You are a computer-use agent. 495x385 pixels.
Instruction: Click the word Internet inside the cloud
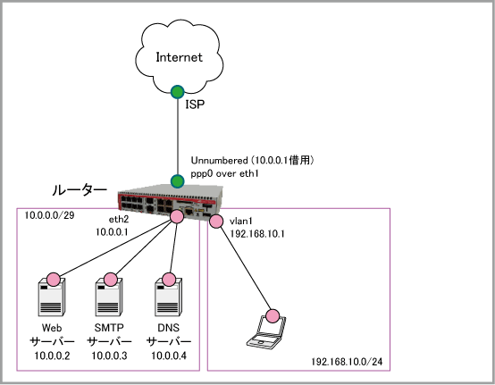(x=179, y=57)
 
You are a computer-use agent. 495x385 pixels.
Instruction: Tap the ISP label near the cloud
(x=195, y=105)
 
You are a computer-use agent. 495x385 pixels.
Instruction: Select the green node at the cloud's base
(x=178, y=92)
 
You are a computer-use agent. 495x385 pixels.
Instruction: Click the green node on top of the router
(x=178, y=181)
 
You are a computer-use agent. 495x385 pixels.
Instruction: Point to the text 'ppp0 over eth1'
(x=225, y=174)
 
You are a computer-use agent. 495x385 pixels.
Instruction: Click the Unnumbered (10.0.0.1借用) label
(x=252, y=160)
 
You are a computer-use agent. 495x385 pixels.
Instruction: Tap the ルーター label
(x=80, y=190)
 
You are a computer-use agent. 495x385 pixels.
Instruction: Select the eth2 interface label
(x=119, y=219)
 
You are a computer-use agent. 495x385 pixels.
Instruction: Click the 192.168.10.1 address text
(x=257, y=234)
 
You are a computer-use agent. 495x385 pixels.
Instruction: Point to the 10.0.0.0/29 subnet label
(x=49, y=215)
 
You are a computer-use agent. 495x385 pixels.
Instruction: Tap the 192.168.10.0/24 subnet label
(x=347, y=362)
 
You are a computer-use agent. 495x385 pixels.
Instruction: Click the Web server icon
(x=52, y=297)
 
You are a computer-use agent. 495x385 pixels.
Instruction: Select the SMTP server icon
(x=109, y=297)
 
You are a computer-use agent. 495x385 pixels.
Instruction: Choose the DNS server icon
(x=169, y=297)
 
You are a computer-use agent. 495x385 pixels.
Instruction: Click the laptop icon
(x=267, y=332)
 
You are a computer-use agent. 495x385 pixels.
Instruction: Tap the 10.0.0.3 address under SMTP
(x=109, y=356)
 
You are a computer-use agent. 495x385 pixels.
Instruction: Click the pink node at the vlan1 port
(x=216, y=222)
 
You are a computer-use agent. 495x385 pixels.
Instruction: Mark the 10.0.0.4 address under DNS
(x=169, y=356)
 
